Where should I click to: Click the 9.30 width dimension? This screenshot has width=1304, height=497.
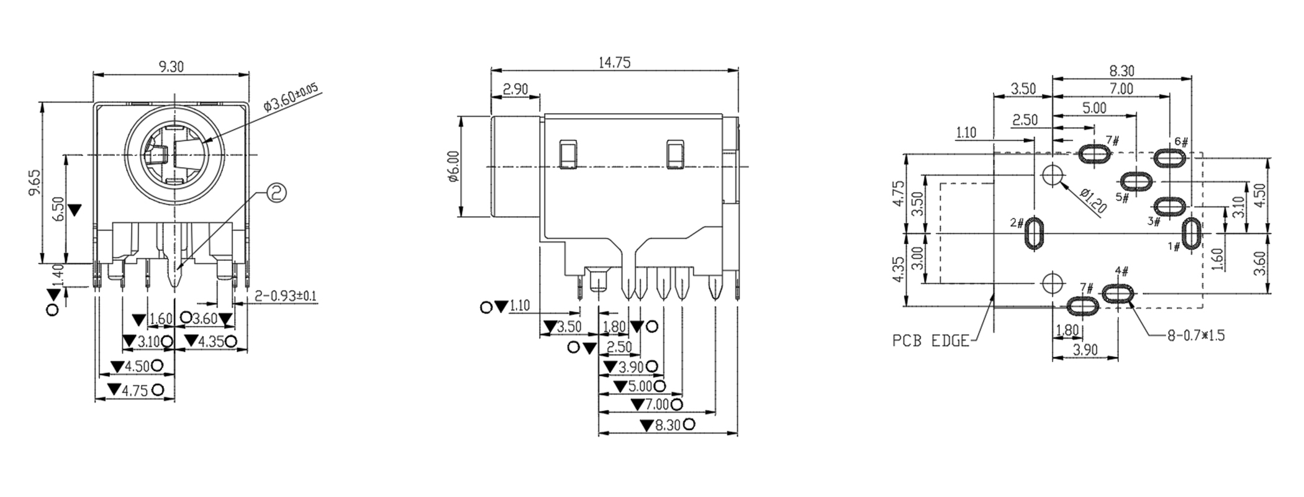pos(171,66)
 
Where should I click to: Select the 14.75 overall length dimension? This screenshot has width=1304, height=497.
pos(614,63)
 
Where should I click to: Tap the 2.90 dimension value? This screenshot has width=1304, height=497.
pos(515,89)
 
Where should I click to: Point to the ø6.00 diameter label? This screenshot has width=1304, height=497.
pos(453,166)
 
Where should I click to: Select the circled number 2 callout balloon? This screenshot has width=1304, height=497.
pos(276,193)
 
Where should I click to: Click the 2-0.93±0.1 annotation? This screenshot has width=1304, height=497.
pos(285,296)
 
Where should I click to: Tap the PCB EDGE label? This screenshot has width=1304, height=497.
pos(930,340)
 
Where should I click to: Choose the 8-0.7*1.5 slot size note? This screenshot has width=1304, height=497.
pos(1196,336)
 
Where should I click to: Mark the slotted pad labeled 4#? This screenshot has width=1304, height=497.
pos(1118,293)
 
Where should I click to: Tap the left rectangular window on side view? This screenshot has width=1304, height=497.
pos(567,154)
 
